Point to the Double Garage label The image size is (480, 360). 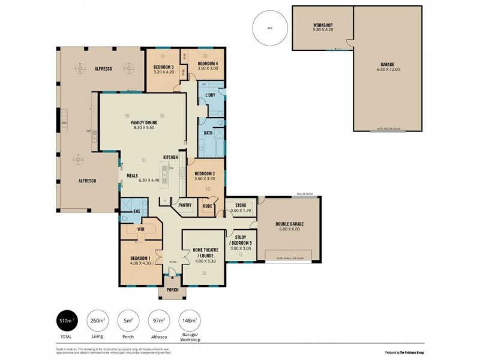tap(289, 226)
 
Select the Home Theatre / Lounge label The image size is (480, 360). tap(205, 255)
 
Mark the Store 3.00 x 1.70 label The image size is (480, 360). tap(241, 207)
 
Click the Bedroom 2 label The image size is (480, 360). tap(205, 176)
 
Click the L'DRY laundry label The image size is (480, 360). tap(210, 96)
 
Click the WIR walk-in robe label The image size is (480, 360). tap(142, 229)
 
